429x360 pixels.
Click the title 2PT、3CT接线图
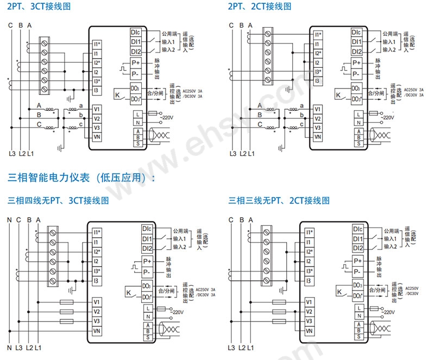[40, 7]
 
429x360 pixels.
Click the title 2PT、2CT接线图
[260, 7]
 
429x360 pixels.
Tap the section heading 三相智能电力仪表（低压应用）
[80, 178]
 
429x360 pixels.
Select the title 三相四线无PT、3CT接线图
[59, 200]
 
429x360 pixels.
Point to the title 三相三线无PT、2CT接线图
[279, 200]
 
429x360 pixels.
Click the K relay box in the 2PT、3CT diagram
[118, 94]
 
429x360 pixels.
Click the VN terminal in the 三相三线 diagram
[309, 331]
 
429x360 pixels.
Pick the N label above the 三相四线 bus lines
[9, 220]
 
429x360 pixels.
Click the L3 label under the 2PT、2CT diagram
[233, 154]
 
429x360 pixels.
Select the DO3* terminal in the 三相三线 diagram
[357, 295]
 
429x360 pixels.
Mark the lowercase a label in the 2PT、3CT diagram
[80, 105]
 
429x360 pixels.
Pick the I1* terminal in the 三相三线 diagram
[310, 231]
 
